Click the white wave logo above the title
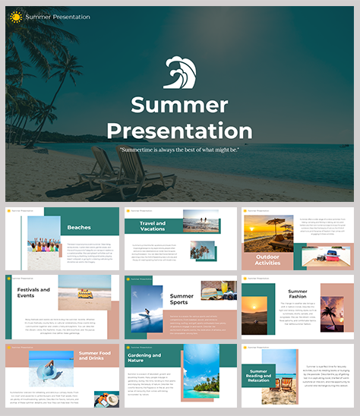pos(179,74)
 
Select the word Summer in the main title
pos(179,105)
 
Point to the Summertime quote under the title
pos(179,150)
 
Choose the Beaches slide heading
pos(79,227)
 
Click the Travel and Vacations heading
pos(153,225)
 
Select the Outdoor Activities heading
pos(267,260)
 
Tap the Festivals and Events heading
pos(33,292)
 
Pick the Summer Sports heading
pos(182,300)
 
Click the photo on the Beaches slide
pos(43,243)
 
